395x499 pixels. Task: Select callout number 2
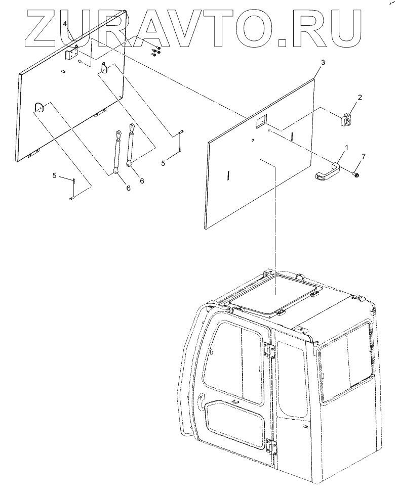coord(360,97)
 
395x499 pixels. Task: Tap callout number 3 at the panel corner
coord(323,62)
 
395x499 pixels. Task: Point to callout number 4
coord(65,24)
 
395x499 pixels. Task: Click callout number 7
coord(363,156)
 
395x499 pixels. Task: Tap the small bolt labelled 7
coord(356,174)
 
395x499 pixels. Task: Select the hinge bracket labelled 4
coord(73,52)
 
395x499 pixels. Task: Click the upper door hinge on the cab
coord(268,350)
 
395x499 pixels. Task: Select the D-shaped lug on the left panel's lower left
coord(39,107)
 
